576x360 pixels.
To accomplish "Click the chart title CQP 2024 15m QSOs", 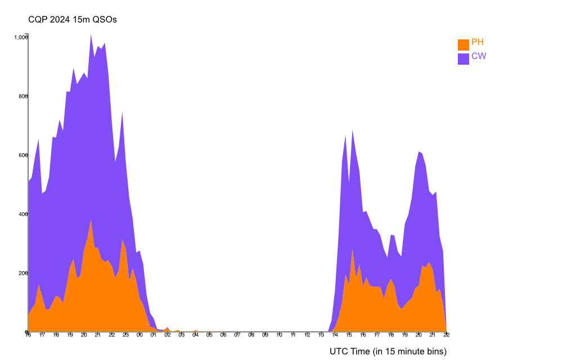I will (x=73, y=20).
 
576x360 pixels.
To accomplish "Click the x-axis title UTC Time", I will (x=388, y=352).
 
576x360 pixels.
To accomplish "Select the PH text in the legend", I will (x=478, y=42).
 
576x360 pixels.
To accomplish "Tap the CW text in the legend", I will (x=479, y=56).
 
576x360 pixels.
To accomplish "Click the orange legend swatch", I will (x=463, y=44).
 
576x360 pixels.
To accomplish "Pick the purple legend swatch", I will (x=463, y=58).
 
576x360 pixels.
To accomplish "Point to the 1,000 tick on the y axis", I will (x=21, y=37).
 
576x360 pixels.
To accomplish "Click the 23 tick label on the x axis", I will (x=125, y=335).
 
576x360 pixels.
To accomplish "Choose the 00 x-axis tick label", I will (x=139, y=335).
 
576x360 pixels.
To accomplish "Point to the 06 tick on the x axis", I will (x=223, y=335).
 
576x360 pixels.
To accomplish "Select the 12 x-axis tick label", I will (x=307, y=335).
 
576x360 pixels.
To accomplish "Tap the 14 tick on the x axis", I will (x=335, y=335).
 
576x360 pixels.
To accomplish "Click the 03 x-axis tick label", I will (x=181, y=335).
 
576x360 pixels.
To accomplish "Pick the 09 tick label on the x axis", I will (x=265, y=335).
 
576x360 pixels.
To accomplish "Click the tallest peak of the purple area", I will (x=91, y=35).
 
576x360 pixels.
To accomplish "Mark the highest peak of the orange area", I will (x=91, y=219).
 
